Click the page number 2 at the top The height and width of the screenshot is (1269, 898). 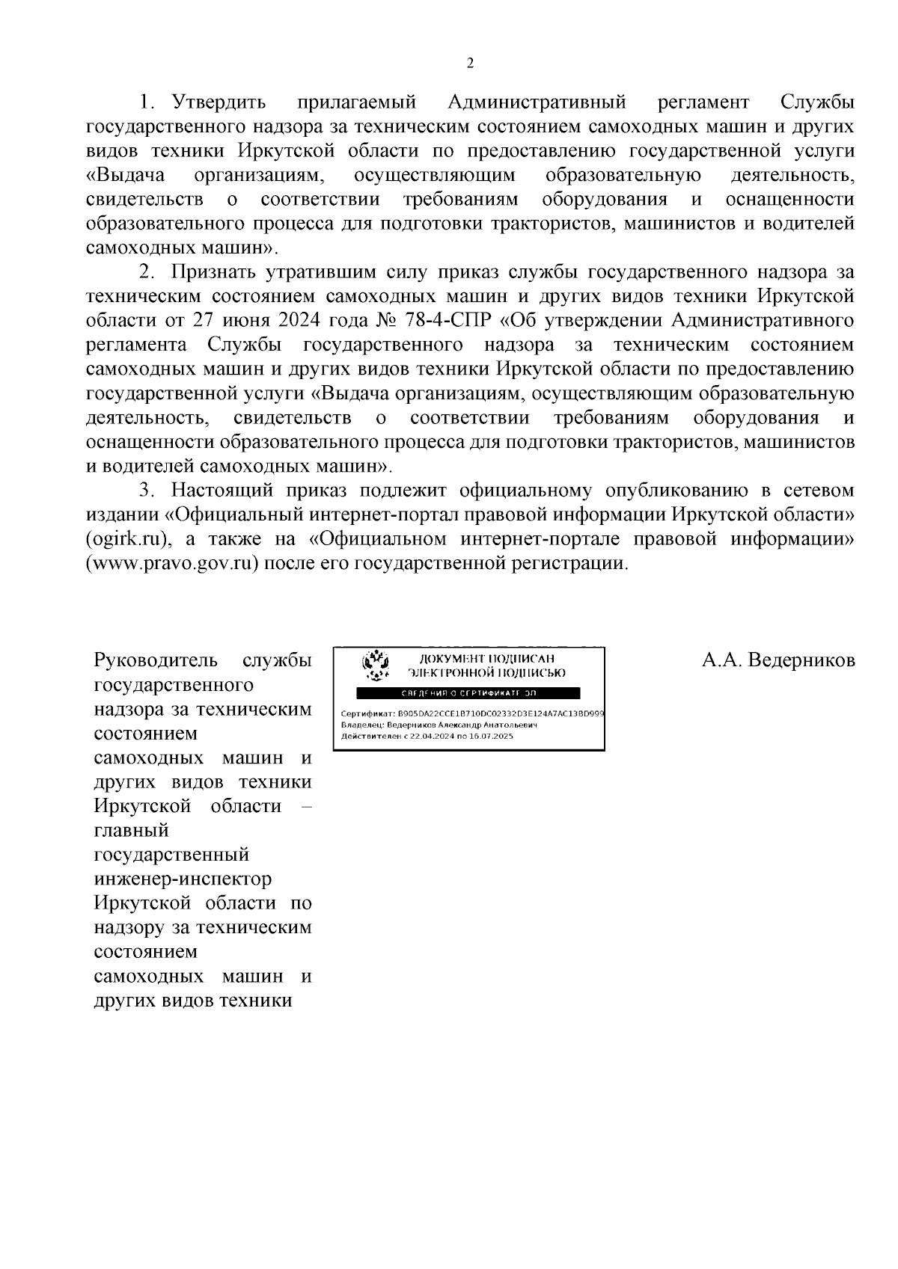tap(470, 64)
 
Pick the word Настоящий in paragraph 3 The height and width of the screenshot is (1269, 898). tap(226, 491)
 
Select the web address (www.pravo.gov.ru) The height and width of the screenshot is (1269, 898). tap(173, 563)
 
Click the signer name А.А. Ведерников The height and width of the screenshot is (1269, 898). tap(778, 660)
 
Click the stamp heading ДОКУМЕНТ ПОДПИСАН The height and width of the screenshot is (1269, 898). tap(488, 658)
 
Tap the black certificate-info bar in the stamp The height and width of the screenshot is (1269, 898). tap(470, 692)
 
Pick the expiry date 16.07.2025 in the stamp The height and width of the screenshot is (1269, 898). tap(487, 736)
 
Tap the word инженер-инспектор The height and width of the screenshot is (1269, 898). tap(183, 879)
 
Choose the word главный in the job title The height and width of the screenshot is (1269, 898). tap(132, 830)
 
